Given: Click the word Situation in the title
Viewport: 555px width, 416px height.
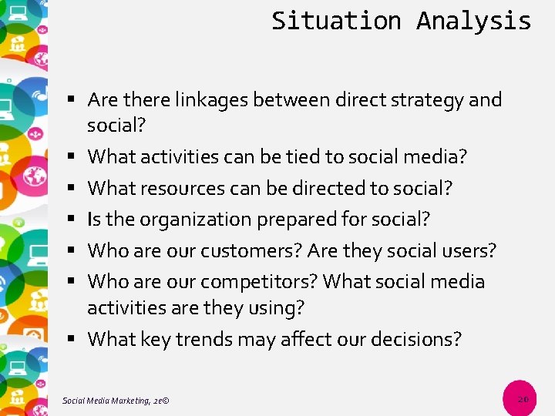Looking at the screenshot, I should coord(336,21).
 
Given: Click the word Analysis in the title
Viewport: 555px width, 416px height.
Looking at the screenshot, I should coord(473,21).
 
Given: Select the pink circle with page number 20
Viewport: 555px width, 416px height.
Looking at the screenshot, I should coord(523,399).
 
